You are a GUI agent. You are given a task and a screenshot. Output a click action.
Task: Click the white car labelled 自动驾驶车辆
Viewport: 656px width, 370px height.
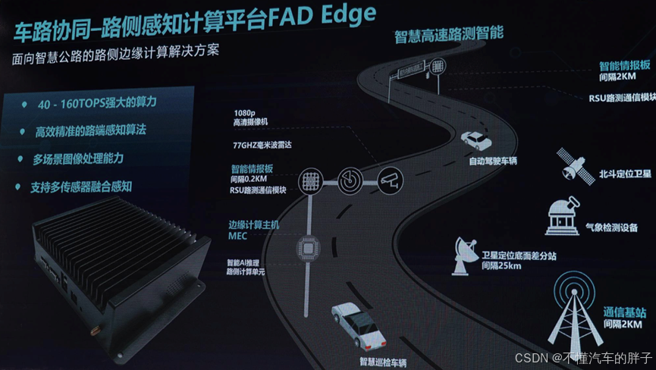click(x=476, y=140)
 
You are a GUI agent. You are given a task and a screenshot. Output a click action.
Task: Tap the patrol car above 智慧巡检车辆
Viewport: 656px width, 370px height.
click(x=356, y=323)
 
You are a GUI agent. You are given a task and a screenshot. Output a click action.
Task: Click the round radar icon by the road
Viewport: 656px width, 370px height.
click(x=350, y=180)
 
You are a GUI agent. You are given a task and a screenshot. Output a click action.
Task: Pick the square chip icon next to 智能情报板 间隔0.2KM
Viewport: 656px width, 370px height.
click(x=309, y=180)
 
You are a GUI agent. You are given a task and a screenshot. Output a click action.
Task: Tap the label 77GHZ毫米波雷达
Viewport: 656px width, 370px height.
click(x=265, y=143)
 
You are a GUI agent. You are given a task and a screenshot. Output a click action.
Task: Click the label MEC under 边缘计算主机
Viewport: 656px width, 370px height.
click(x=238, y=236)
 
